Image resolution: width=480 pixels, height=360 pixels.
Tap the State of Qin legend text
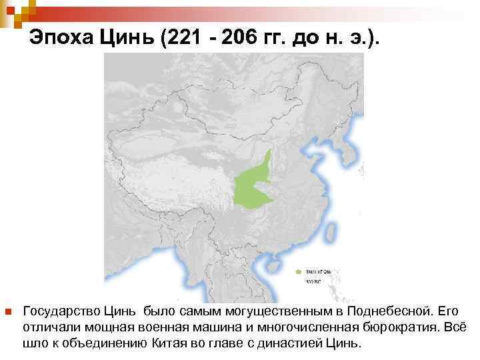click(318, 271)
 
